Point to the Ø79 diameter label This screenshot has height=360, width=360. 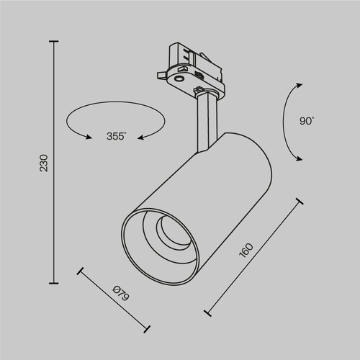coord(121,294)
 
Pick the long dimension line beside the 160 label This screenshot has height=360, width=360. coord(253,256)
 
